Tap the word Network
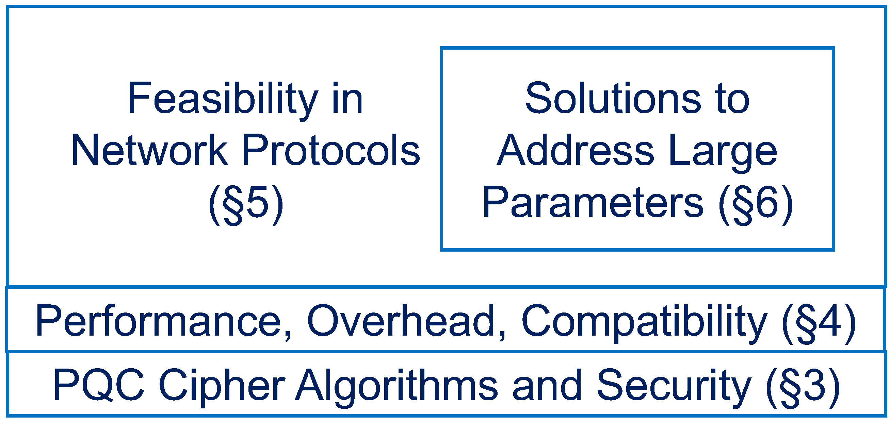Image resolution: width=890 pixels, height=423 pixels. [149, 150]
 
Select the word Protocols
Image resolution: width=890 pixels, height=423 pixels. [331, 150]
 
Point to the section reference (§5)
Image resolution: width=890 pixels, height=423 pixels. [246, 205]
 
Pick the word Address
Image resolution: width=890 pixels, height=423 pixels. [575, 150]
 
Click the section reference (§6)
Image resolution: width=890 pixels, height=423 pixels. [756, 205]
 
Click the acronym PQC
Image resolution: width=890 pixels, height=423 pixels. [99, 385]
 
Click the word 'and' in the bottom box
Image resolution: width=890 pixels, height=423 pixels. [547, 385]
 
